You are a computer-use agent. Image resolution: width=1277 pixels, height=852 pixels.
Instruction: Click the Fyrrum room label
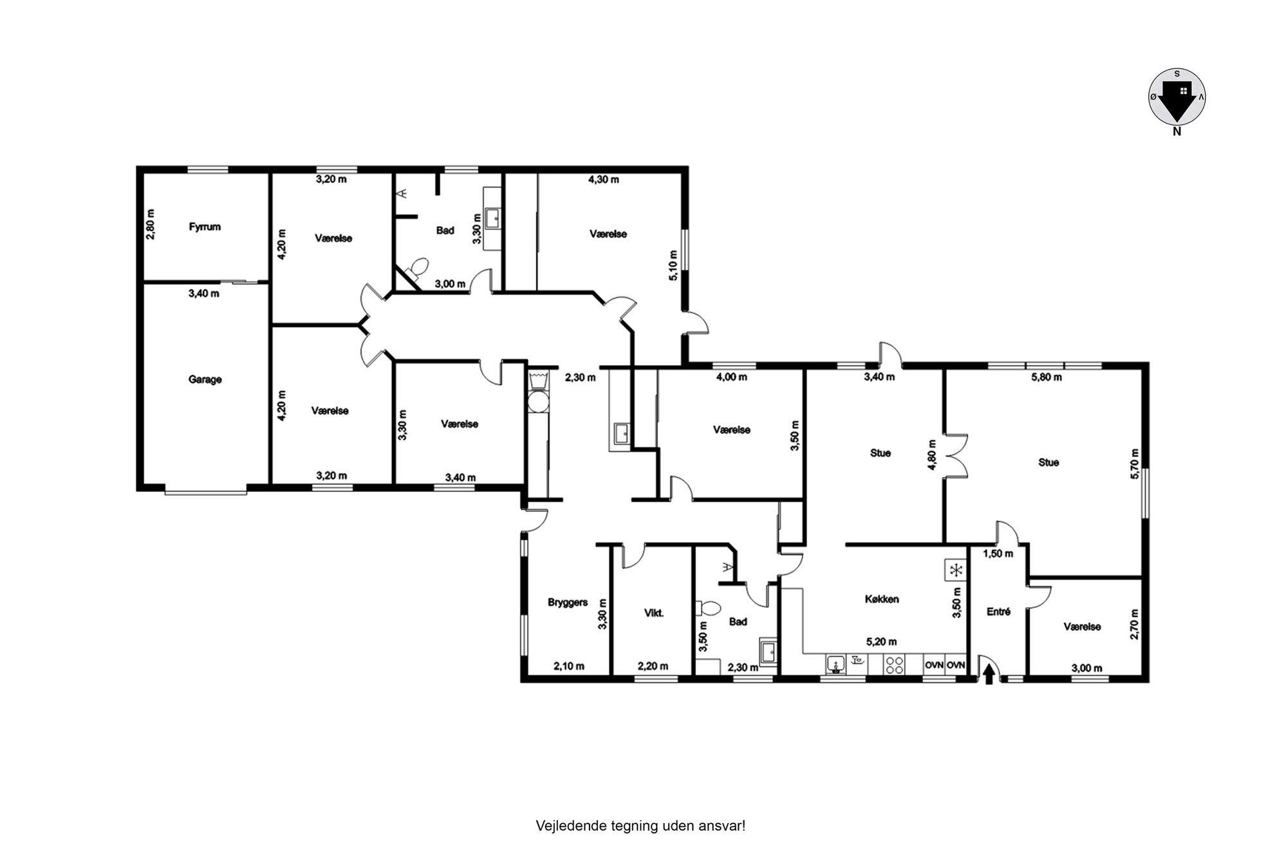(205, 227)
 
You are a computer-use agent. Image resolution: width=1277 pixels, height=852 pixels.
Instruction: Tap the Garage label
(205, 379)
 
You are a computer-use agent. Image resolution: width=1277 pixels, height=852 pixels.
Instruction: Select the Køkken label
(882, 599)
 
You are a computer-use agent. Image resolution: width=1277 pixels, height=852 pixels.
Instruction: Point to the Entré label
(998, 612)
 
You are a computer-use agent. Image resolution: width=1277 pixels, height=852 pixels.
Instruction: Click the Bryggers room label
(568, 603)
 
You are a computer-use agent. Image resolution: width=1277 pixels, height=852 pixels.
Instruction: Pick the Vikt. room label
(654, 613)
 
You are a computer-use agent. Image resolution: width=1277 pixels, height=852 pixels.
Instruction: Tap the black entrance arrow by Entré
(989, 674)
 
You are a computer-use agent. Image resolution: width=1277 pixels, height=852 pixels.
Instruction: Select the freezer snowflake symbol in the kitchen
(956, 570)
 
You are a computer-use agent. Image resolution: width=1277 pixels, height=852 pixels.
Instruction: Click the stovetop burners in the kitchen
(894, 665)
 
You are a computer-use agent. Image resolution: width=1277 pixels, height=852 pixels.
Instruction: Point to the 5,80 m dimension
(1047, 377)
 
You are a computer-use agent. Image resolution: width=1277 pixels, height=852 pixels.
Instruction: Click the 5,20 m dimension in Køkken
(881, 642)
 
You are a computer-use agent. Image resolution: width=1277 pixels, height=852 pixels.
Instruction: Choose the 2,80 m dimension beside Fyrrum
(150, 224)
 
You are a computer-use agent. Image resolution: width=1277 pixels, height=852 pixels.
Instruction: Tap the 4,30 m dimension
(604, 180)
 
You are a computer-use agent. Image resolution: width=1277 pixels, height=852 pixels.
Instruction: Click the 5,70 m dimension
(1135, 464)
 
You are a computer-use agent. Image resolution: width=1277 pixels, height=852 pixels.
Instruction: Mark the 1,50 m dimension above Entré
(998, 553)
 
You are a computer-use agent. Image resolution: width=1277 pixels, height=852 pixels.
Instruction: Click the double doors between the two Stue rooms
(956, 455)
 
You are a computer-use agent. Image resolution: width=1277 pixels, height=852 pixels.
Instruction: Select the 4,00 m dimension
(731, 377)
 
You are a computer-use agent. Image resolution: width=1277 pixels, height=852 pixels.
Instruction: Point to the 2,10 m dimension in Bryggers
(569, 667)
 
